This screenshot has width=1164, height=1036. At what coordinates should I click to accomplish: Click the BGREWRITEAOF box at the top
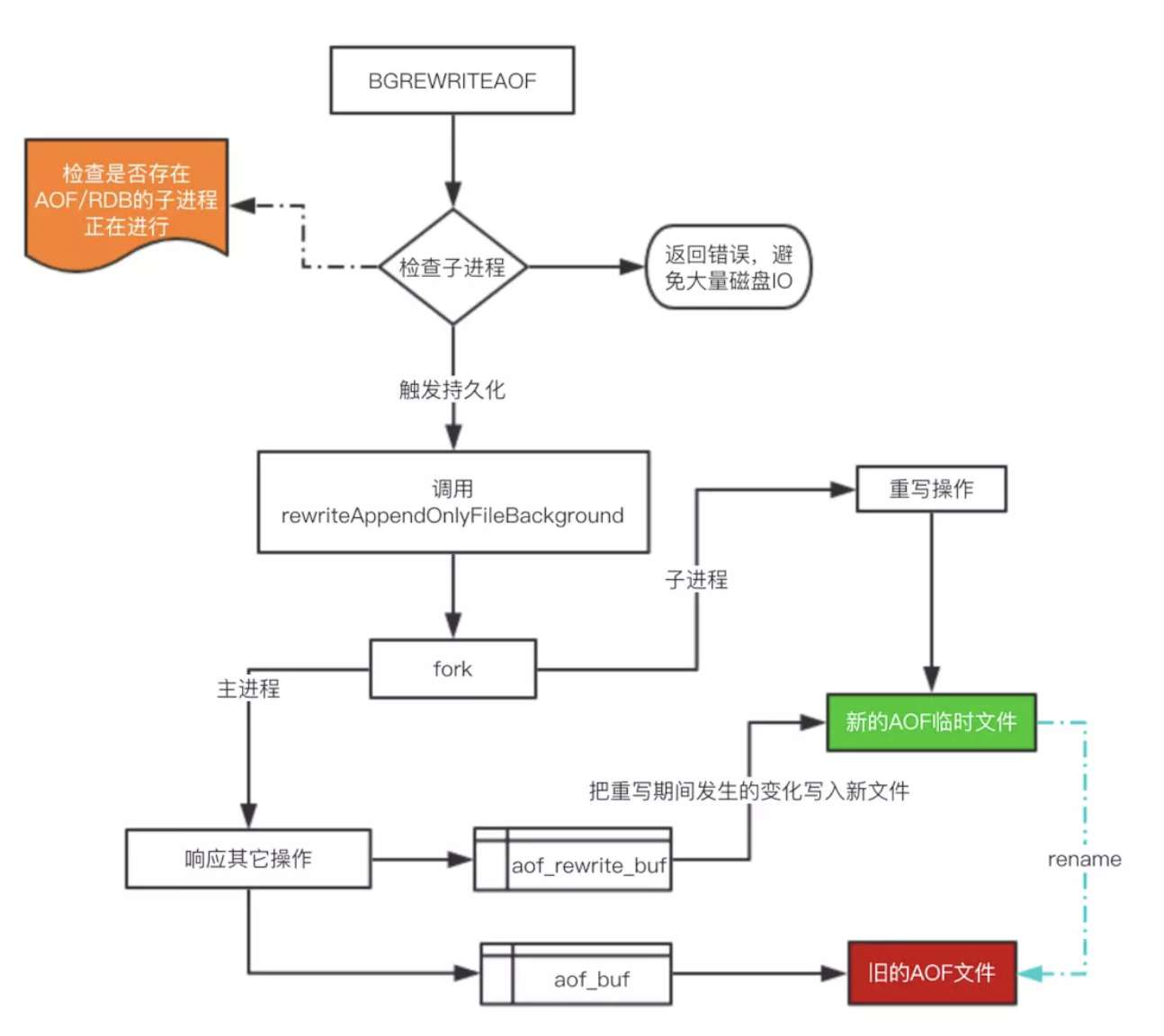tap(452, 81)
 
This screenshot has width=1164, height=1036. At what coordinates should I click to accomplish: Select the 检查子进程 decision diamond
tap(452, 267)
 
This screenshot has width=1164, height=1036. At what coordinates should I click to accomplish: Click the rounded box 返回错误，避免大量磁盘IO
tap(729, 267)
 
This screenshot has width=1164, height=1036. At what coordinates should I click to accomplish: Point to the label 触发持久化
tap(452, 389)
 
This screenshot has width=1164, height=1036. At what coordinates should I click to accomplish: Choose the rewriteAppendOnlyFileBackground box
tap(452, 502)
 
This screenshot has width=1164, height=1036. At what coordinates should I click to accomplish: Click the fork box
tap(452, 669)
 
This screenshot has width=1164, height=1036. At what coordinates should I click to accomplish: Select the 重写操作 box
tap(931, 489)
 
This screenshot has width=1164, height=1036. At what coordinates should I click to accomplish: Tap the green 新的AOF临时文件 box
tap(931, 722)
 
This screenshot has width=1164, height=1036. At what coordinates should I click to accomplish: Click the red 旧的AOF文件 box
tap(931, 973)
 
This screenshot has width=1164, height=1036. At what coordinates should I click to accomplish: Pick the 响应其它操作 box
tap(248, 859)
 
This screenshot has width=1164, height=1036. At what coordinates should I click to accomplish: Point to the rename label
tap(1084, 860)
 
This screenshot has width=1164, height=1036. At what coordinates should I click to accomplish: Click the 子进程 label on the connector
tap(696, 580)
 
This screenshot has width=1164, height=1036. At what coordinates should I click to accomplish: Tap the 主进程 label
tap(248, 689)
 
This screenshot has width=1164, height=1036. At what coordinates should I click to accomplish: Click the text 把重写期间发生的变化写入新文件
tap(748, 791)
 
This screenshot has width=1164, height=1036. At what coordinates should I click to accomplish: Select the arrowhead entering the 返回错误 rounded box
tap(632, 267)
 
